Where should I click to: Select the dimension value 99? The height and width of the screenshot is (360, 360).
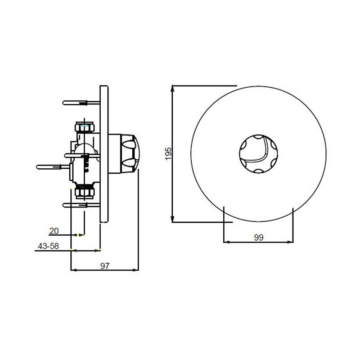point(258,238)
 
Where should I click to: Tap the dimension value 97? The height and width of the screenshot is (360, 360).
point(105,265)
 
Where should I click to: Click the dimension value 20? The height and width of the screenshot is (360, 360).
point(54,231)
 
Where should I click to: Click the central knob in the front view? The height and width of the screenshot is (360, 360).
point(257,153)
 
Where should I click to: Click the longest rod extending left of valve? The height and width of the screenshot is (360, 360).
point(54,166)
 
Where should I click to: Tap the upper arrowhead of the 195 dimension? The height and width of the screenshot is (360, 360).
point(173,87)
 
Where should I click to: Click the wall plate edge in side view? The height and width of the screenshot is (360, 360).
point(104,153)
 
